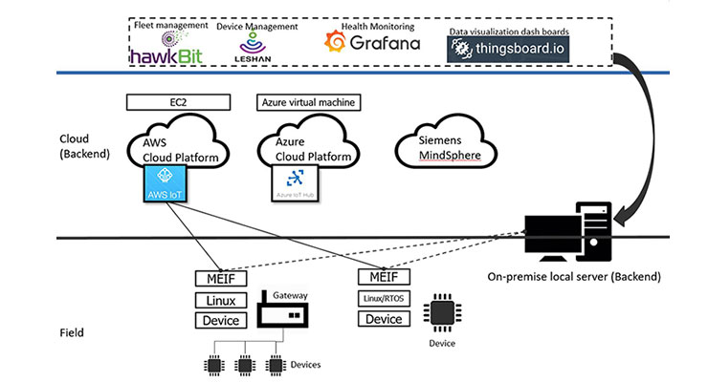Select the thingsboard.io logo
point(507,50)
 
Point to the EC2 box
point(178,101)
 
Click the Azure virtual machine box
point(311,101)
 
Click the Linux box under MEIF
point(221,300)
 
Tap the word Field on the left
point(72,332)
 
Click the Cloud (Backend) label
point(82,146)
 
